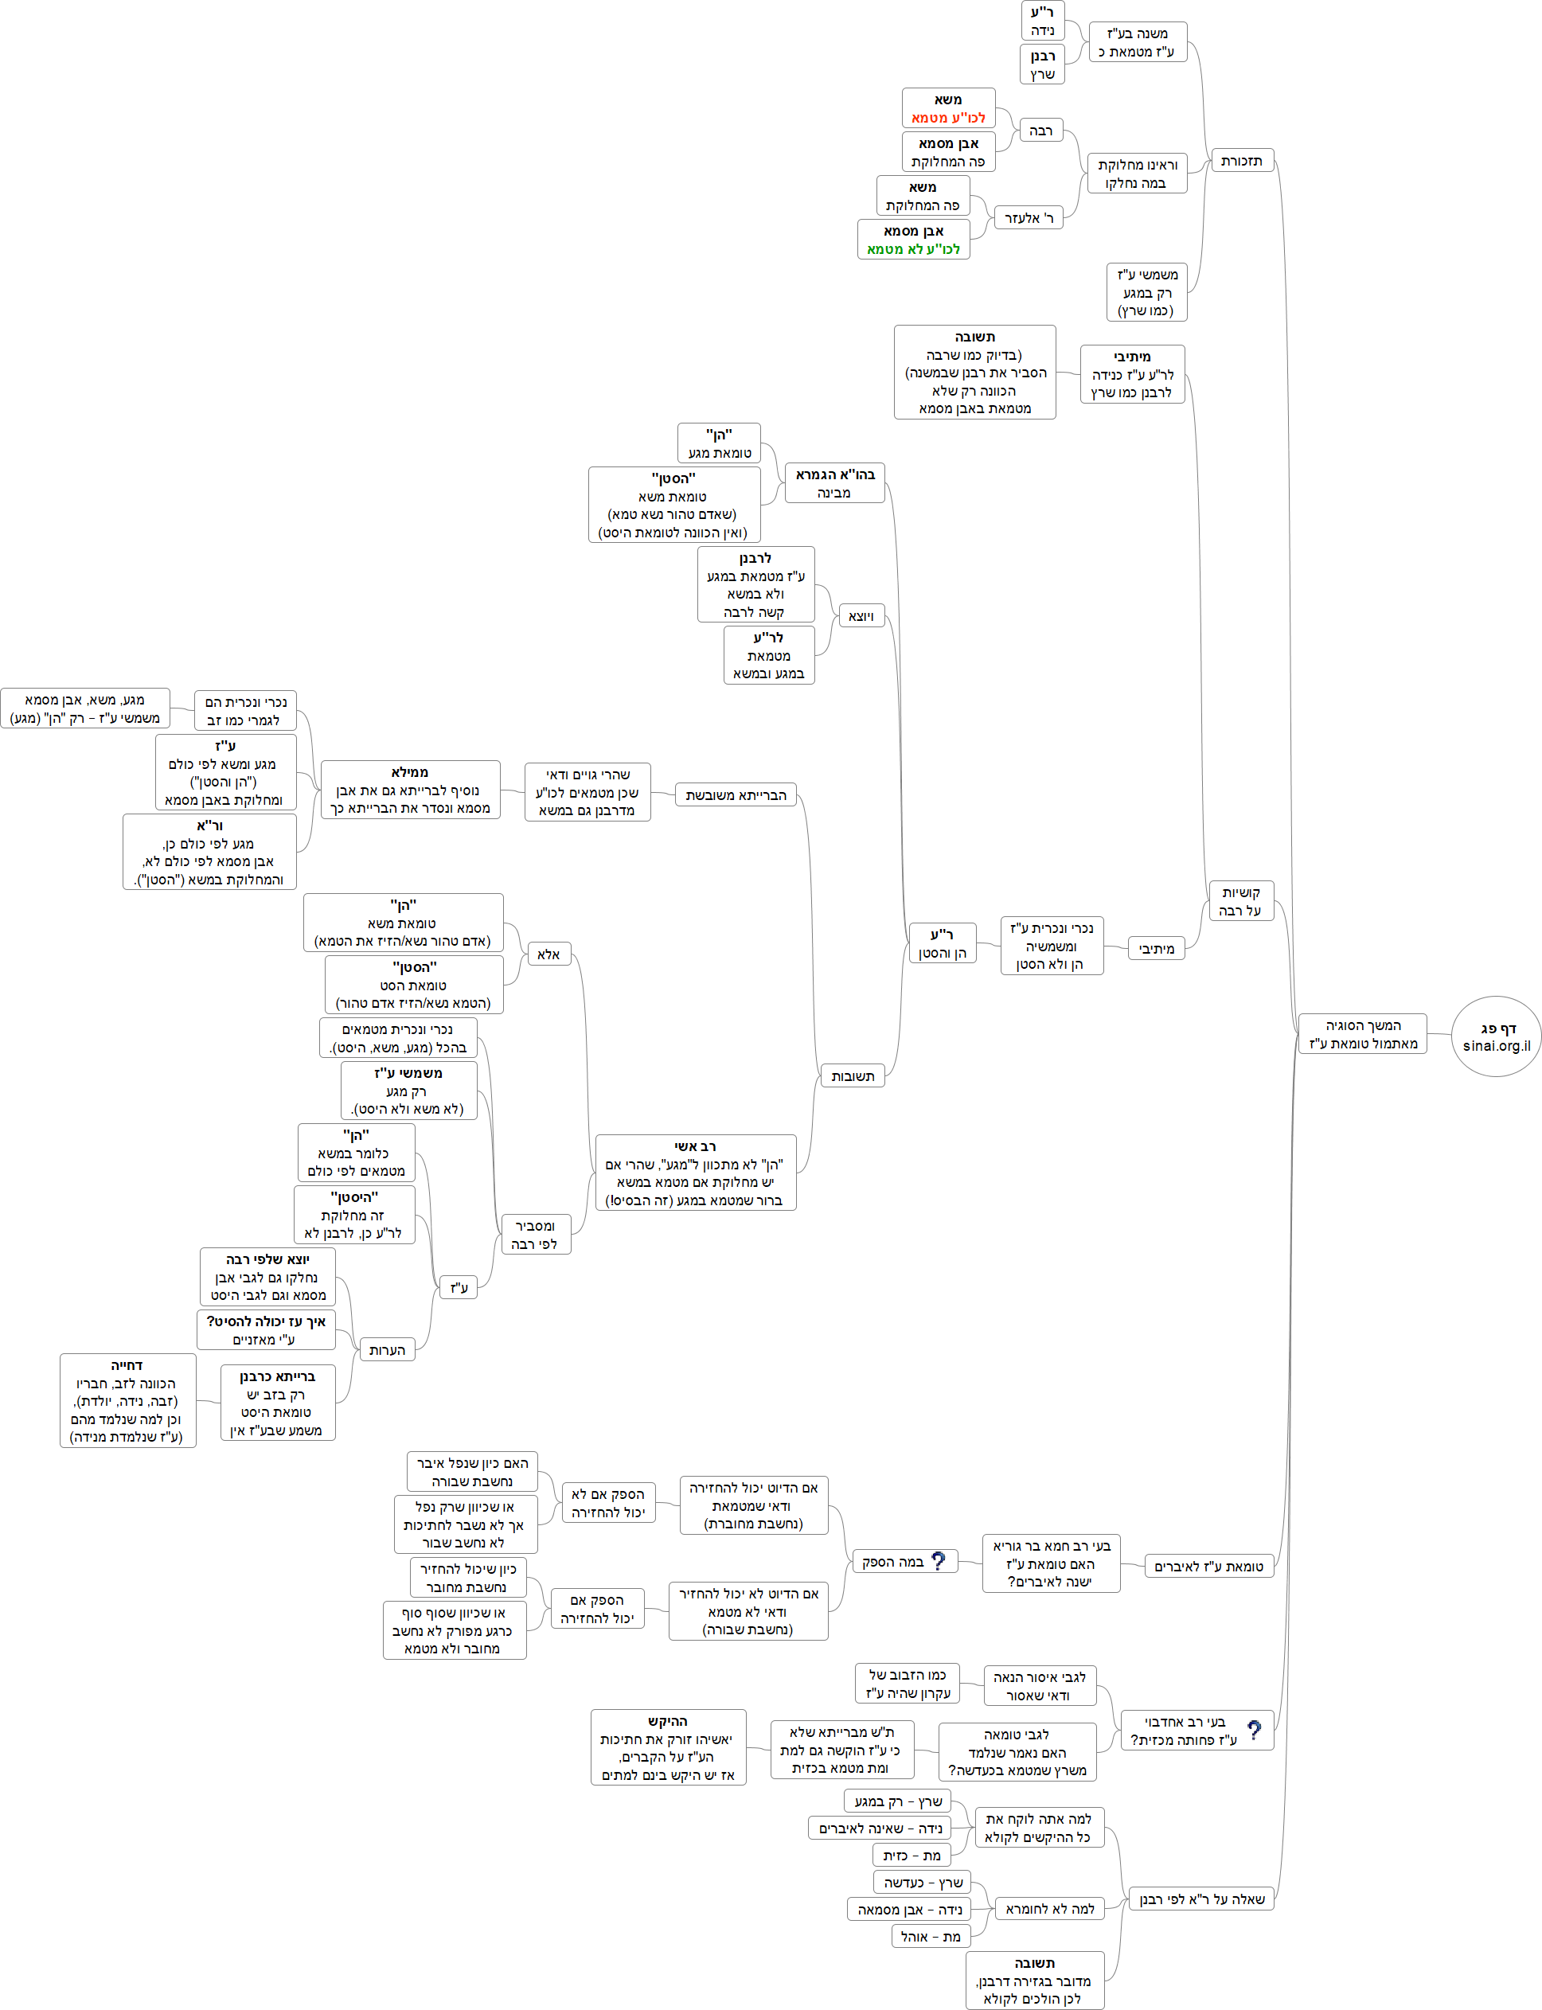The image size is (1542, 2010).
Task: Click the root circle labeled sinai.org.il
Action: click(x=1495, y=1036)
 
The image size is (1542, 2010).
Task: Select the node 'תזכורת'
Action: click(x=1241, y=162)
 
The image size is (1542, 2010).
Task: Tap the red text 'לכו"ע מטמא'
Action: click(x=948, y=118)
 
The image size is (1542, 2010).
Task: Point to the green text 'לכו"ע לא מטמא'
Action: click(x=913, y=248)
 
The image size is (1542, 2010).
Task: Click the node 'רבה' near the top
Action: click(x=1040, y=131)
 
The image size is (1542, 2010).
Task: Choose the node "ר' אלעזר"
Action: click(x=1029, y=217)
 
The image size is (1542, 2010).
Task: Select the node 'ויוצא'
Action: click(x=861, y=616)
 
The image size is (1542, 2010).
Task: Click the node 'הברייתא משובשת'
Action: click(x=736, y=794)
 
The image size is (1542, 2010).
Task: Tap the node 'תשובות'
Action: click(x=852, y=1075)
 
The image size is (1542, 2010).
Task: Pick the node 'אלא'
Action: click(x=548, y=954)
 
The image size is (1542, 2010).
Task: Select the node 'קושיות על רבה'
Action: click(x=1241, y=901)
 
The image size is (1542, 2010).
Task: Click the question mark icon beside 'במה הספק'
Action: click(x=938, y=1561)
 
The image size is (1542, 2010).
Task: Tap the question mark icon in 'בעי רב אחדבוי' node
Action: click(x=1254, y=1730)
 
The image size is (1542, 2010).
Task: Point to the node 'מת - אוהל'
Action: click(x=931, y=1936)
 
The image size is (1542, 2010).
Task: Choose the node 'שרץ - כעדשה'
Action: click(x=923, y=1883)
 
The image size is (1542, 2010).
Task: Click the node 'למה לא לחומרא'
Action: click(x=1049, y=1908)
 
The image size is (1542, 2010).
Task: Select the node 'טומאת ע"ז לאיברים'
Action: click(x=1208, y=1566)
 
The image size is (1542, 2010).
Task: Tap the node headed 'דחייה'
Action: click(x=127, y=1400)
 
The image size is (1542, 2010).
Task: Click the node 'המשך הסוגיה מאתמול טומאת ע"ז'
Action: click(x=1362, y=1034)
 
